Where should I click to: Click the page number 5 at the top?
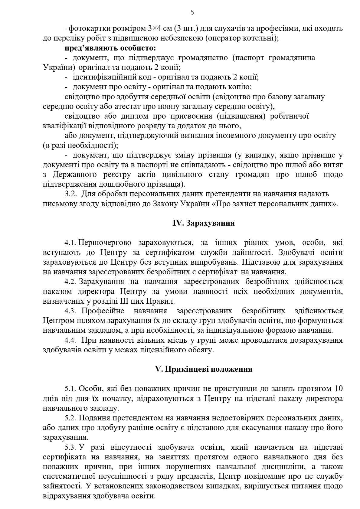[x=192, y=12]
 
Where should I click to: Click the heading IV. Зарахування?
[x=204, y=223]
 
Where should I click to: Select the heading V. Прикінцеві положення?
[x=204, y=369]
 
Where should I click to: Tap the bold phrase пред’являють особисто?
[x=110, y=48]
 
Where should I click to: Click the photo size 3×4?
[x=155, y=29]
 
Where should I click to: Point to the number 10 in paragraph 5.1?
[x=339, y=389]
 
